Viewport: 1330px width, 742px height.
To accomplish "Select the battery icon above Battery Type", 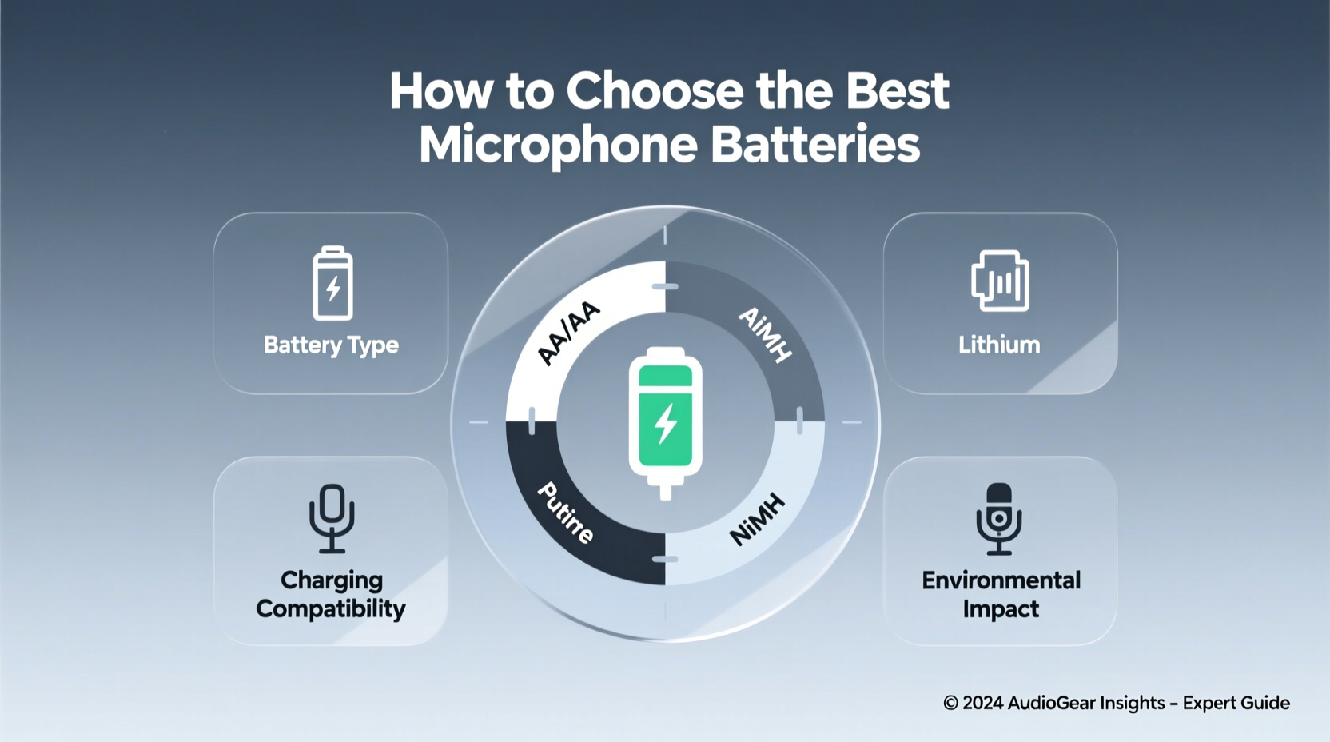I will pos(332,284).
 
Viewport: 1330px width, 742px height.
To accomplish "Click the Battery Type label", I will pos(331,345).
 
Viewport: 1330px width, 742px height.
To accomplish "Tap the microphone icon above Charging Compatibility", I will pos(332,519).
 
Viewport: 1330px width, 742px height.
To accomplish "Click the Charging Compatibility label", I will pos(331,594).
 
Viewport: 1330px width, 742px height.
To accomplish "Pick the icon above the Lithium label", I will pos(1000,281).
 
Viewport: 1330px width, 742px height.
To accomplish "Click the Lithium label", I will pos(999,345).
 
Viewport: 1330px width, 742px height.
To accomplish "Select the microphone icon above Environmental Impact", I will pos(999,519).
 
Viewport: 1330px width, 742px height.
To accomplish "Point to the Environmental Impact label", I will pos(1001,594).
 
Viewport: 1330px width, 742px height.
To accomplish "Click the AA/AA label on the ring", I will pos(567,334).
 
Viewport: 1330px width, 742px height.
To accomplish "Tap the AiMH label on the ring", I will pos(765,334).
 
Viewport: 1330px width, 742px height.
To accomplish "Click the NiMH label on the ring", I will pos(758,520).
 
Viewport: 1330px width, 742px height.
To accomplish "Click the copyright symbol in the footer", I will pos(950,703).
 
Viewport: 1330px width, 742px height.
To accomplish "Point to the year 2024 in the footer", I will pos(983,703).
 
